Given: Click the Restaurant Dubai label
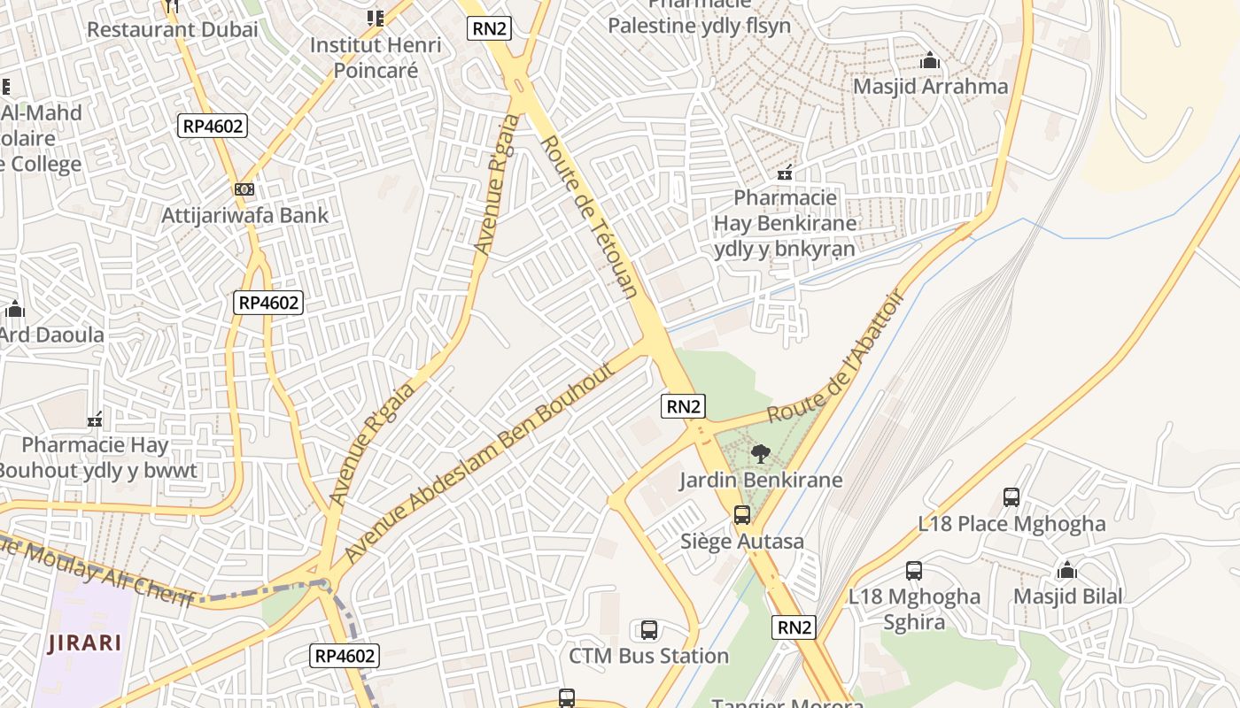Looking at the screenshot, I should (x=173, y=29).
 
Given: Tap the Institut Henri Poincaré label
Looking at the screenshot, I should (x=376, y=57).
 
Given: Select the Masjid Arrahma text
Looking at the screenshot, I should (x=930, y=87).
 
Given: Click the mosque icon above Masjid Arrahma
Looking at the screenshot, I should (x=930, y=61).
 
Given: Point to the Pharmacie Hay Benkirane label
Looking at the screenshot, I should (x=786, y=222).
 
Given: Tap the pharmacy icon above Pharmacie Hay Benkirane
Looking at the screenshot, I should (x=785, y=173).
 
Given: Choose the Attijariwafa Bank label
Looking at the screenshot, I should (x=244, y=215).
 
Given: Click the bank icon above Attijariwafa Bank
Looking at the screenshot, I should (x=244, y=189).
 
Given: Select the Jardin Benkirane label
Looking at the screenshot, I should (x=761, y=481).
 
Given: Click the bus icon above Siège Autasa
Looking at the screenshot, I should (x=742, y=515).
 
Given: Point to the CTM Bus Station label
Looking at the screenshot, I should (x=648, y=656).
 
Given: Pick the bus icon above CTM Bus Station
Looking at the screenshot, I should (x=648, y=630).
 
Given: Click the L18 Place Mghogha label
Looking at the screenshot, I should (x=1011, y=524).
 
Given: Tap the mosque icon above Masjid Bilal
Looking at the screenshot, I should (x=1067, y=571).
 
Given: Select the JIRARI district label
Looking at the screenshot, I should (x=85, y=643).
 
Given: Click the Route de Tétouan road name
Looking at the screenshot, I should (x=588, y=217).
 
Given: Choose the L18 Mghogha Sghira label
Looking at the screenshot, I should (x=914, y=609).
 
